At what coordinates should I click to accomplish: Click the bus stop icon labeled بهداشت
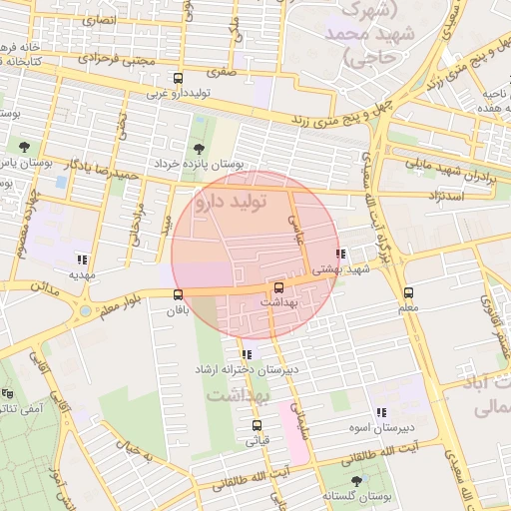pyautogui.click(x=278, y=287)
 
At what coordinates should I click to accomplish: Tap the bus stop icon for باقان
pyautogui.click(x=178, y=294)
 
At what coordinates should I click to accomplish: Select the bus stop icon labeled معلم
pyautogui.click(x=408, y=292)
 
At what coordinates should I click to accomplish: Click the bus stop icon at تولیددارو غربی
pyautogui.click(x=178, y=79)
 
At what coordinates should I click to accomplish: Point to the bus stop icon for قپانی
pyautogui.click(x=256, y=426)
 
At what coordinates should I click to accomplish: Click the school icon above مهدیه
pyautogui.click(x=81, y=258)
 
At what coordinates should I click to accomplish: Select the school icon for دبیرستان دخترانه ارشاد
pyautogui.click(x=246, y=354)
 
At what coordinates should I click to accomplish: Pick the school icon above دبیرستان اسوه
pyautogui.click(x=381, y=412)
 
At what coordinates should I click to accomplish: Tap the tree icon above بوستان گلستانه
pyautogui.click(x=355, y=481)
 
